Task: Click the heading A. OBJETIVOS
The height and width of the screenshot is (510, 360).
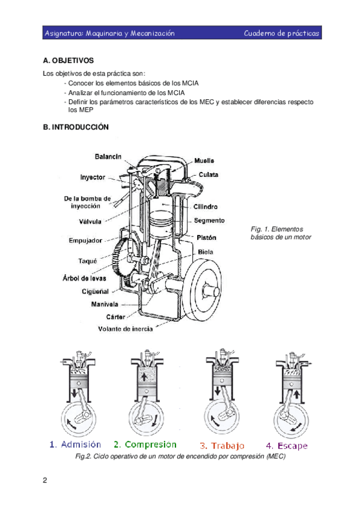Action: [x=69, y=61]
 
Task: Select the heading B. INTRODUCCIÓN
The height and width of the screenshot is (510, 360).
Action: [x=76, y=127]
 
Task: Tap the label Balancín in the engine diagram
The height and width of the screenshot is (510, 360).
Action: [x=108, y=156]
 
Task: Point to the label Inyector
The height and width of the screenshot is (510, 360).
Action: [x=93, y=177]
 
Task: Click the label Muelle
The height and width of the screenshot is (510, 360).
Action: [x=204, y=161]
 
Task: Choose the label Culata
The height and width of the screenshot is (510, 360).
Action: [x=209, y=174]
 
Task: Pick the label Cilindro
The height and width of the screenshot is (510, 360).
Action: [x=206, y=206]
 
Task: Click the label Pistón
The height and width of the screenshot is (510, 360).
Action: [x=206, y=238]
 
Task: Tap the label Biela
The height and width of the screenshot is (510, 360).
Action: [x=206, y=252]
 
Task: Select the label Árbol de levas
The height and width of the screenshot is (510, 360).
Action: [x=85, y=278]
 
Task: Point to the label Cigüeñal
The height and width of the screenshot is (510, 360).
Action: [x=95, y=292]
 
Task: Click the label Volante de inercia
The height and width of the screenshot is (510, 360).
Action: [x=126, y=329]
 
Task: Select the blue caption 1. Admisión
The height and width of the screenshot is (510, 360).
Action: [x=75, y=444]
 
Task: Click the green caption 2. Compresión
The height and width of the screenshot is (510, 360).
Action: [x=145, y=444]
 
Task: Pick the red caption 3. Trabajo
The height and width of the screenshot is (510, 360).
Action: [x=222, y=446]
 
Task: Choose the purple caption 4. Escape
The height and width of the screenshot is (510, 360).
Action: [x=287, y=446]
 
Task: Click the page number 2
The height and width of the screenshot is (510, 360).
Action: [x=45, y=481]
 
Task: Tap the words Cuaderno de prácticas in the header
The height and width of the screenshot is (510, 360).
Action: [x=281, y=33]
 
